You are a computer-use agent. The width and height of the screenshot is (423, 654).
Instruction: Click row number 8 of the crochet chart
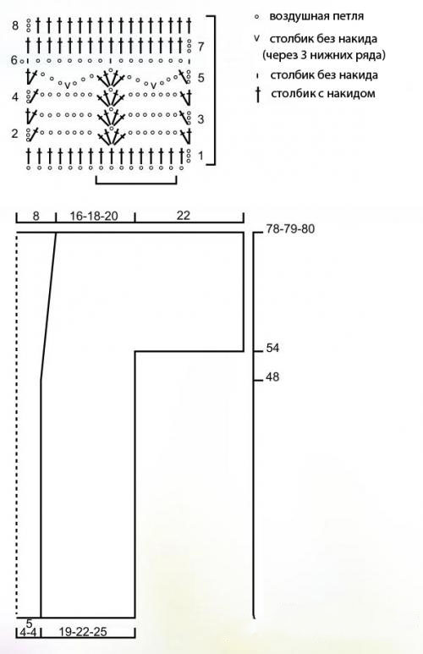15,26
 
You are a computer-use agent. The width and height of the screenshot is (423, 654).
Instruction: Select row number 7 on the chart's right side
201,47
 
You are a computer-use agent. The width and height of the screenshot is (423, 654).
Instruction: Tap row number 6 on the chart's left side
14,61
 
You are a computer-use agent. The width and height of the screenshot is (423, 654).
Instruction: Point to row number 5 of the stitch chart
201,78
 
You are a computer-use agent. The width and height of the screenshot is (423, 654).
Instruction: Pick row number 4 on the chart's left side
15,97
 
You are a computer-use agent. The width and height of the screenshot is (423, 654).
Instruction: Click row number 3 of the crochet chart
201,119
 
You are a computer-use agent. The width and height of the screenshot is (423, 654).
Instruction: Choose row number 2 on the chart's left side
15,134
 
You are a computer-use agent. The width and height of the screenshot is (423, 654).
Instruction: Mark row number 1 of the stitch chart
201,156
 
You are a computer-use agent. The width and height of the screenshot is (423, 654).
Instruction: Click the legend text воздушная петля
316,16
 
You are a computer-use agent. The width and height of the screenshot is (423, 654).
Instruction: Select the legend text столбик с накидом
323,93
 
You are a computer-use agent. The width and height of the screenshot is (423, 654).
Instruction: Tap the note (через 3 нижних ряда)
324,55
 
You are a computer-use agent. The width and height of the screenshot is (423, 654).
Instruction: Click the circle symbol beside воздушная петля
256,17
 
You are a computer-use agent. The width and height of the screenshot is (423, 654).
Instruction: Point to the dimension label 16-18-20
94,216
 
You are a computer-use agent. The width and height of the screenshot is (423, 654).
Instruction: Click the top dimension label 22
183,215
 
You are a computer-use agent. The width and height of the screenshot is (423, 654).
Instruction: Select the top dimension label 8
36,216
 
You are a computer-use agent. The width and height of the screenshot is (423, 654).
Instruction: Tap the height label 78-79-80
291,229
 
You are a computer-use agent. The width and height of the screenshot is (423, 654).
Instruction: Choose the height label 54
272,348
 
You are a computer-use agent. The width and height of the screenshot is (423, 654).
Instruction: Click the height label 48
272,377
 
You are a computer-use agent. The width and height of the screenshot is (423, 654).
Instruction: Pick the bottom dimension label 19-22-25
83,632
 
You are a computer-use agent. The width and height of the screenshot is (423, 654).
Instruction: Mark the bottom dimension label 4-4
28,632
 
